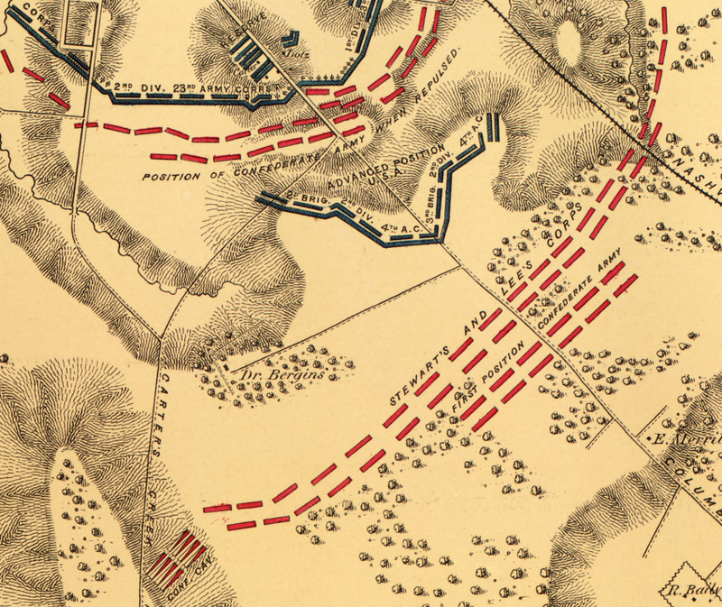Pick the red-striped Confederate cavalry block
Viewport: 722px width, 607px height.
tap(178, 556)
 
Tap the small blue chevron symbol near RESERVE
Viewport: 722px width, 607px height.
tap(290, 39)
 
